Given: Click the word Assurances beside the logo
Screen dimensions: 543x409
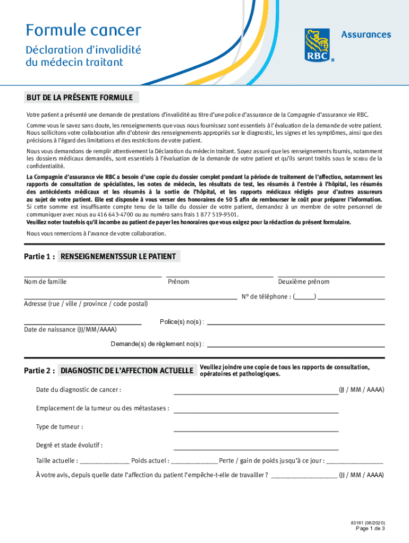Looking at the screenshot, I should (x=365, y=34).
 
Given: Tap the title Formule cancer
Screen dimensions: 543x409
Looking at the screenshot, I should (x=84, y=30).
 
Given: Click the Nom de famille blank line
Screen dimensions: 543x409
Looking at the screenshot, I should (x=92, y=276).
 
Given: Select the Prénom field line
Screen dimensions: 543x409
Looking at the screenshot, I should (x=219, y=276).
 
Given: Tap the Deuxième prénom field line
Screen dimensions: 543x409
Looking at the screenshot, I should (x=331, y=276).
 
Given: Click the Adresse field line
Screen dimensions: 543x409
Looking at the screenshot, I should (x=130, y=299).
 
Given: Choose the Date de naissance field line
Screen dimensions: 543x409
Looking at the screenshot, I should (x=82, y=323).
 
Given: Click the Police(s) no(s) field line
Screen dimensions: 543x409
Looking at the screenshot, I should (x=295, y=323).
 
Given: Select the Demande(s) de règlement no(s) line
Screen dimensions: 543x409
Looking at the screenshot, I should (x=295, y=346).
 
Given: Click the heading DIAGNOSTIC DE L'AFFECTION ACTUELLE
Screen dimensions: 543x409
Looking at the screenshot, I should (x=127, y=371).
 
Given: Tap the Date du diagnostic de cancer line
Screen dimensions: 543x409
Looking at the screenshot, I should (x=255, y=394).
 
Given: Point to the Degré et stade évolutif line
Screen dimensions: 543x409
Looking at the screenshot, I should (x=255, y=449).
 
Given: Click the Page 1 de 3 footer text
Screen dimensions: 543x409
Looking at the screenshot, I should (x=370, y=529).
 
